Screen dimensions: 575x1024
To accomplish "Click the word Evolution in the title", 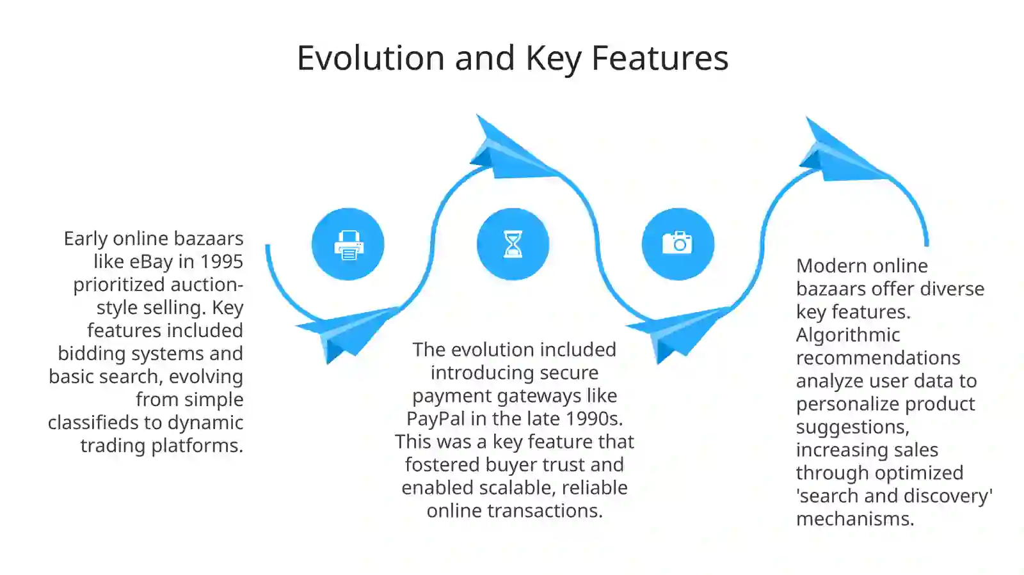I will click(x=371, y=58).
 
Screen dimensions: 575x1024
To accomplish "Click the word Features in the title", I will click(x=659, y=58).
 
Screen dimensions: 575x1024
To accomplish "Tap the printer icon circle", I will click(x=348, y=244).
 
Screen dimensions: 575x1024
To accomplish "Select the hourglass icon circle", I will click(x=513, y=244).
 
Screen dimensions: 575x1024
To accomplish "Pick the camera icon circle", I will click(x=678, y=244).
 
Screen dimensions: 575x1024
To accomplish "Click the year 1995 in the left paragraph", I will click(x=221, y=262).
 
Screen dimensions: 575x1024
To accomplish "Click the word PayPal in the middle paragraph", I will click(x=436, y=419).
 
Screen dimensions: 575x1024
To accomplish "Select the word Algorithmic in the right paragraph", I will click(x=847, y=335).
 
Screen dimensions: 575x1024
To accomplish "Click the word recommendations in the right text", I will click(x=878, y=358).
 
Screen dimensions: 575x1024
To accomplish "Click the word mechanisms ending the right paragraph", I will click(x=854, y=519).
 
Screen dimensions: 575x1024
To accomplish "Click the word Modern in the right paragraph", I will click(x=829, y=266).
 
